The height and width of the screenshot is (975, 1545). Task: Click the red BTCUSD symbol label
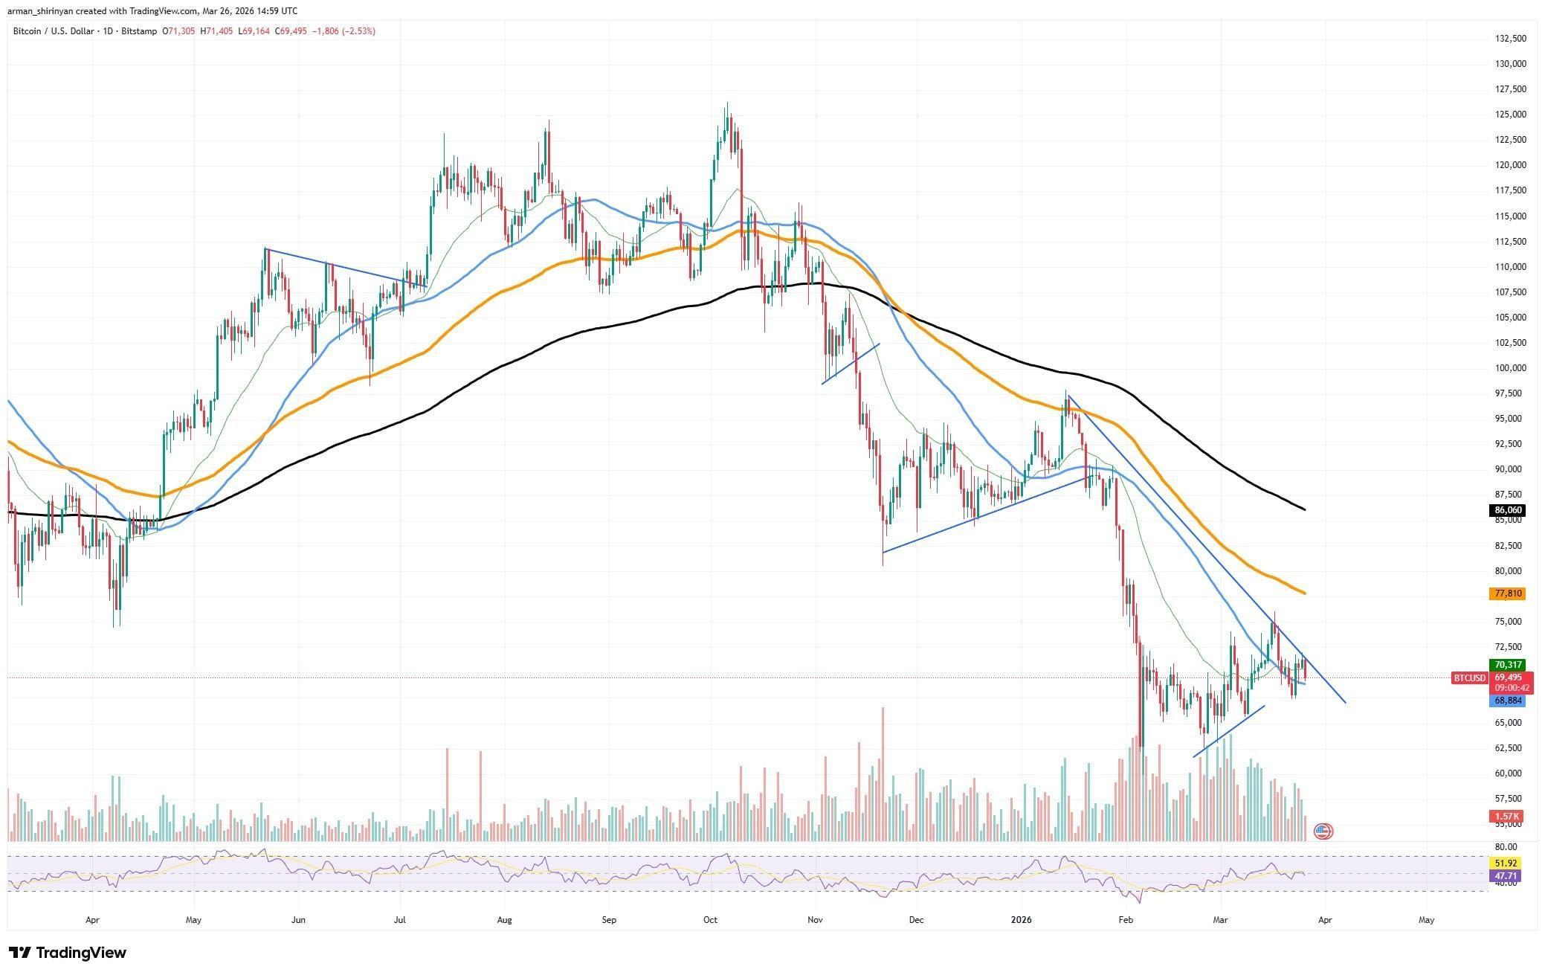pyautogui.click(x=1468, y=678)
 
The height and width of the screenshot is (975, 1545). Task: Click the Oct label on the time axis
pyautogui.click(x=710, y=920)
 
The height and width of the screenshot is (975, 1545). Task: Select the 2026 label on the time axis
pyautogui.click(x=1022, y=920)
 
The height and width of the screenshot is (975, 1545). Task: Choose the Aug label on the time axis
pyautogui.click(x=504, y=920)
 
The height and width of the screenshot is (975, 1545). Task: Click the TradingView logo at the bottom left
pyautogui.click(x=68, y=953)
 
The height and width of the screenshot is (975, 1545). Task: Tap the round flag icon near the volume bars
pyautogui.click(x=1323, y=831)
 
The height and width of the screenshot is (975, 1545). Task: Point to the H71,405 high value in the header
pyautogui.click(x=216, y=31)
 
